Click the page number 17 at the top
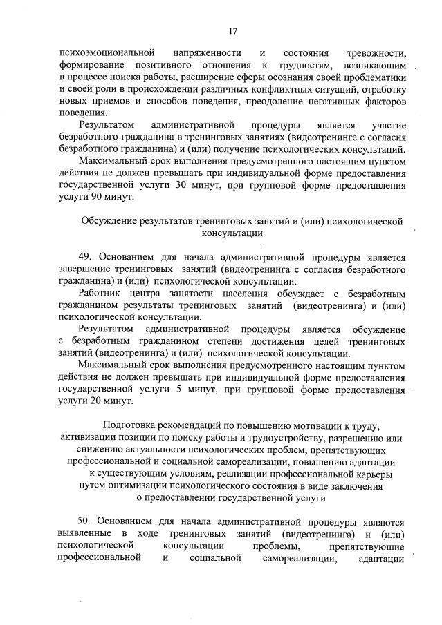tap(232, 30)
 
